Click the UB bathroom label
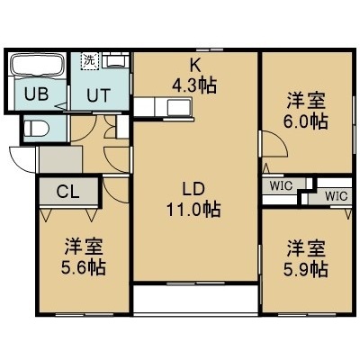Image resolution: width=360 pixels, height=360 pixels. coord(36,94)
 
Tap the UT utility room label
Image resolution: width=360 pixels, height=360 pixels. coord(99,95)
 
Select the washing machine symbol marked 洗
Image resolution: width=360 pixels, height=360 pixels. coord(90,61)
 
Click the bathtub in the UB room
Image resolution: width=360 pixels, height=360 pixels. coord(38,66)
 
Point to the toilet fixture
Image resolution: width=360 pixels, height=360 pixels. coord(36,129)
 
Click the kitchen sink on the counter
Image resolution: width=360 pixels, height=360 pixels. coord(178,107)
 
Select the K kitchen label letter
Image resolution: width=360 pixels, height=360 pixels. coord(195,66)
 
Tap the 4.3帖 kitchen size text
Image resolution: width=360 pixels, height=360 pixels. coord(194,85)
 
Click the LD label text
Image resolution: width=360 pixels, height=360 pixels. coord(193,190)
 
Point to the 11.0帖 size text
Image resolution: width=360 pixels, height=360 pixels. coord(193,210)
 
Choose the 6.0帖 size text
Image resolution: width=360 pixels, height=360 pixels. coord(305,121)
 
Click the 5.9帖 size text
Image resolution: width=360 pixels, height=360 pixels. coord(305,270)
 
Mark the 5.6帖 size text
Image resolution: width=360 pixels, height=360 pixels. coord(84,267)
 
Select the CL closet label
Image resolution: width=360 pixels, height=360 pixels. coord(68,192)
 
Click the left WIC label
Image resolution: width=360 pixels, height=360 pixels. coord(281,185)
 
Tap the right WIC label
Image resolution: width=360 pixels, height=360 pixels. coord(337,196)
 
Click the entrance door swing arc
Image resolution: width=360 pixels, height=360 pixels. coord(19,165)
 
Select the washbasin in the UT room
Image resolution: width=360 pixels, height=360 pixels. coord(115,60)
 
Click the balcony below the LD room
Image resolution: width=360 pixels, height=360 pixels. coord(195,299)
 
